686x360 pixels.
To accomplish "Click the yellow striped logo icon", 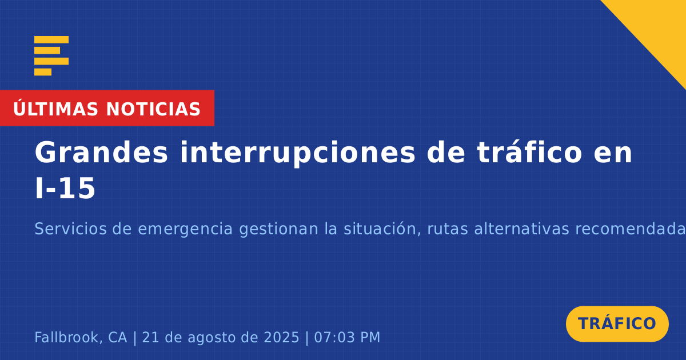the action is click(51, 56).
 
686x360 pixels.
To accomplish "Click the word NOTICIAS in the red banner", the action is click(153, 109).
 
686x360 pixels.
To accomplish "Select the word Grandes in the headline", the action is click(101, 153).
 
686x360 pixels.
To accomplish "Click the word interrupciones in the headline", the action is click(297, 153).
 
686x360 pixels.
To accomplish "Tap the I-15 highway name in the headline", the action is click(65, 189).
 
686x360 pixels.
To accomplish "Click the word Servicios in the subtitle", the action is click(70, 229).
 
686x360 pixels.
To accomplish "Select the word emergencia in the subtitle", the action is click(185, 229).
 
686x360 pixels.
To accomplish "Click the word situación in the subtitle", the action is click(382, 229).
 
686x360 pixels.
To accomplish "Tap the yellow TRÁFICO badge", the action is click(617, 324).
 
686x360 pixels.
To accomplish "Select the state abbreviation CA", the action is click(118, 337).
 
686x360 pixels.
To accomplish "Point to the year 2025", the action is click(281, 337).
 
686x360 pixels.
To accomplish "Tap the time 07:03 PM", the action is click(347, 337).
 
